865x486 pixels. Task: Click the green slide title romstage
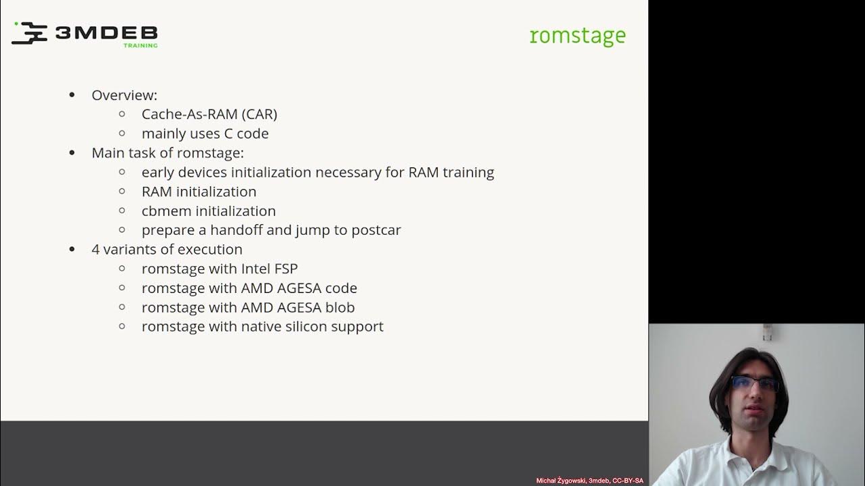click(x=578, y=36)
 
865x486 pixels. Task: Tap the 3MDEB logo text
click(x=106, y=33)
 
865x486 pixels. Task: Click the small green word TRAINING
click(x=141, y=46)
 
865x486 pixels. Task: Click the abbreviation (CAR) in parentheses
click(x=259, y=114)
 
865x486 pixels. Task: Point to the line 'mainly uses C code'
click(x=205, y=134)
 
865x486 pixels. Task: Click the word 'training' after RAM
click(x=468, y=172)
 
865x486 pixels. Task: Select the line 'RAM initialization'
click(x=199, y=192)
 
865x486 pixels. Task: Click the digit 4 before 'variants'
click(x=96, y=249)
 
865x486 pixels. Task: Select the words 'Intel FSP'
click(x=269, y=269)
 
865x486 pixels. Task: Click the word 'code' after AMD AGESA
click(x=341, y=288)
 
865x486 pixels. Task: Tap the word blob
click(x=340, y=307)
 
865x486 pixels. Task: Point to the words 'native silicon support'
click(x=312, y=327)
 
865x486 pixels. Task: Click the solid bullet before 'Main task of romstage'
click(x=72, y=153)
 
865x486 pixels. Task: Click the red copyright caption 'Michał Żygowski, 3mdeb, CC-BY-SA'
click(x=589, y=481)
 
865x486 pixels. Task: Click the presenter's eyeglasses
click(x=755, y=385)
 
